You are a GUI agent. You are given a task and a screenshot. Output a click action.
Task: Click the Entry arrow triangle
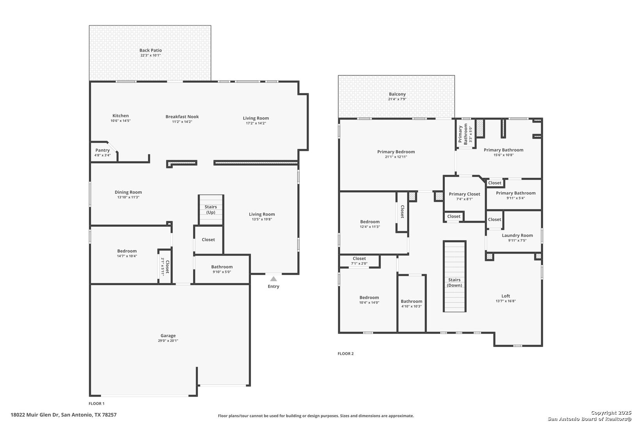(273, 279)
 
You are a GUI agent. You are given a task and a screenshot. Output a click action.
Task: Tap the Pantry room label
(103, 150)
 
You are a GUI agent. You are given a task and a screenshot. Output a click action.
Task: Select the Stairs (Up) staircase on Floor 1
(211, 210)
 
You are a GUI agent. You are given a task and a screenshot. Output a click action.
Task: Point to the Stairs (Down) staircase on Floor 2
(454, 276)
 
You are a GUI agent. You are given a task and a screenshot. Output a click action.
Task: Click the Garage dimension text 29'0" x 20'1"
(168, 341)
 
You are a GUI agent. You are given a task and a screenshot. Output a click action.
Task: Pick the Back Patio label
(151, 50)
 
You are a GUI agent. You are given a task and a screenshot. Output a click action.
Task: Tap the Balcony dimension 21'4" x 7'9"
(397, 99)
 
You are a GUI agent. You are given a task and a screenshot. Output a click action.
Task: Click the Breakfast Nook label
(182, 116)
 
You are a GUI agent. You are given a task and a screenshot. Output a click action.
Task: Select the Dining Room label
(128, 192)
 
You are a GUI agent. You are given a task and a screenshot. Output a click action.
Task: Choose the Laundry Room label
(517, 235)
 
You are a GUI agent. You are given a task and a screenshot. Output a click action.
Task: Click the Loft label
(506, 296)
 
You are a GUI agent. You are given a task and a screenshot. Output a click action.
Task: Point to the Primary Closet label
(464, 194)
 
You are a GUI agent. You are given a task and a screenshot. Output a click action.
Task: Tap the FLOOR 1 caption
(96, 403)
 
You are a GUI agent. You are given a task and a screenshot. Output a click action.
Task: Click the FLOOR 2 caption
(346, 353)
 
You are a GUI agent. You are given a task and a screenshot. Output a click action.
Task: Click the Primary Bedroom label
(396, 152)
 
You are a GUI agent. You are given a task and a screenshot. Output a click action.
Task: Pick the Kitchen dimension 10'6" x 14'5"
(121, 121)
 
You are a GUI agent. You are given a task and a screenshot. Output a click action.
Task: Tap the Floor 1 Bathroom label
(222, 267)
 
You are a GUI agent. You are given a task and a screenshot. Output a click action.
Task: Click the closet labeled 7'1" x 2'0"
(359, 261)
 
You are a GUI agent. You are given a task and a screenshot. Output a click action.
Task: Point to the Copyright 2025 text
(611, 413)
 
